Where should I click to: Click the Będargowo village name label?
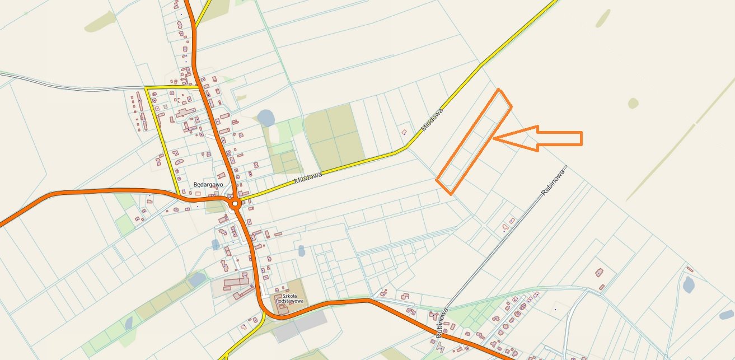(208, 184)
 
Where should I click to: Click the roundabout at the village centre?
(235, 203)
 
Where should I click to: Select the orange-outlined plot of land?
(474, 142)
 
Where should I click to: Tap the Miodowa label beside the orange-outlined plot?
(432, 120)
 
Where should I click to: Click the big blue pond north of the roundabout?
(266, 118)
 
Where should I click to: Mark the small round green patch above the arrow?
(633, 103)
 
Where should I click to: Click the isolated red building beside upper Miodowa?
(404, 132)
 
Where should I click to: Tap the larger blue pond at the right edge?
(689, 285)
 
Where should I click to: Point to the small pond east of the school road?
(302, 251)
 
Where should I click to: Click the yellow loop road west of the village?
(163, 140)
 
